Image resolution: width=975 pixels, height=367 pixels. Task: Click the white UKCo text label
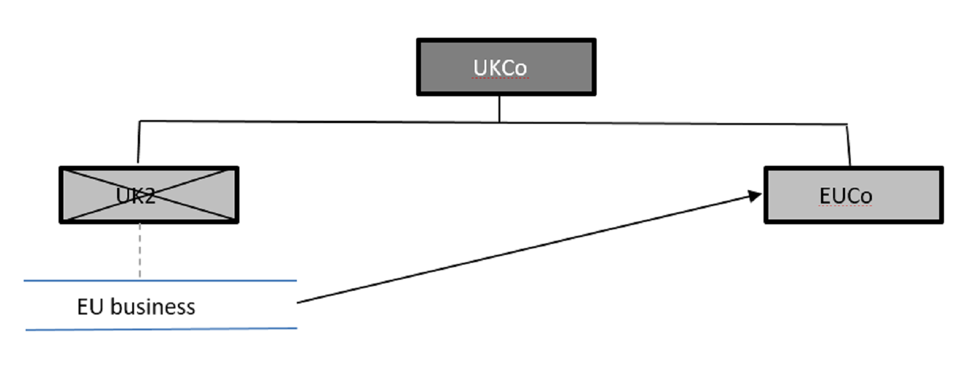500,68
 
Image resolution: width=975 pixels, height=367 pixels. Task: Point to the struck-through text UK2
135,196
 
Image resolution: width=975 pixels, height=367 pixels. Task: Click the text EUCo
845,196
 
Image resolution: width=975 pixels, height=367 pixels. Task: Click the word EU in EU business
90,307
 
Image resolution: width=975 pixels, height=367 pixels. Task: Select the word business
153,307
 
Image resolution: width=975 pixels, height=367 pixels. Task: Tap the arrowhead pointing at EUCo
755,196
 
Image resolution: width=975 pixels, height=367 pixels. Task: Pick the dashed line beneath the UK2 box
140,250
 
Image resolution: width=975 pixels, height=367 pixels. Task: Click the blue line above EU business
160,280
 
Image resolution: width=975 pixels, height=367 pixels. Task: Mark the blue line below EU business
161,329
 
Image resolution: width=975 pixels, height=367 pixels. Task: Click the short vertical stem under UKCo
500,108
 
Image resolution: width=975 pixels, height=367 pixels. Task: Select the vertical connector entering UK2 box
139,143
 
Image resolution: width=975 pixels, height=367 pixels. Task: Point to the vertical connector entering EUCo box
848,145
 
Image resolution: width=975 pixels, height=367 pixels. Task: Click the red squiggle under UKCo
501,79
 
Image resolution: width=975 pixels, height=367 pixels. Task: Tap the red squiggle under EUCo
846,207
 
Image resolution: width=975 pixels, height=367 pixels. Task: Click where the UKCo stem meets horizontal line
500,122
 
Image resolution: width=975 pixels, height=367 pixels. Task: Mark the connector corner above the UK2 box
140,121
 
